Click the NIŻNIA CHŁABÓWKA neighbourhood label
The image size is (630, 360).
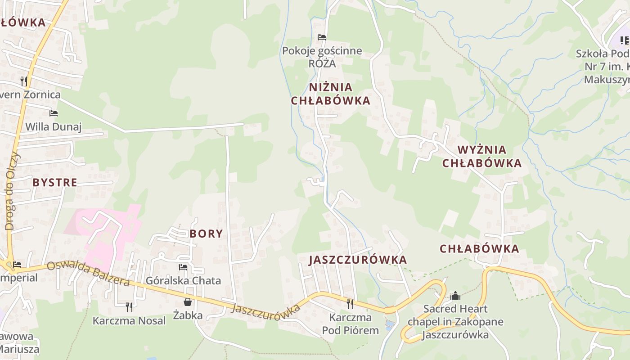pyautogui.click(x=330, y=94)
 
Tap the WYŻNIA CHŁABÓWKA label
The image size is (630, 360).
pyautogui.click(x=481, y=156)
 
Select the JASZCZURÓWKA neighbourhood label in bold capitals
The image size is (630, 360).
pyautogui.click(x=358, y=260)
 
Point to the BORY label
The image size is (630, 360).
pyautogui.click(x=206, y=234)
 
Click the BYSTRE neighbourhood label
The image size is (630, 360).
pyautogui.click(x=55, y=182)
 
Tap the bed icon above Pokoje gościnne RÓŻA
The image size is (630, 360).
pyautogui.click(x=322, y=37)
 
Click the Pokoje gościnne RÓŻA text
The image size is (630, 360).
pyautogui.click(x=322, y=57)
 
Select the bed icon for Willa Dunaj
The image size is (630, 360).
pyautogui.click(x=54, y=113)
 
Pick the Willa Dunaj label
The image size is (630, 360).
pyautogui.click(x=53, y=127)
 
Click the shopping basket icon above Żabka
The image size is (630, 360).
pyautogui.click(x=188, y=302)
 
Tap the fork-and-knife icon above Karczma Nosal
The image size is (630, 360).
pyautogui.click(x=129, y=307)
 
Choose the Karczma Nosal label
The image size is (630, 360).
pyautogui.click(x=129, y=321)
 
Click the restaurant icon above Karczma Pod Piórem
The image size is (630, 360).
pyautogui.click(x=350, y=304)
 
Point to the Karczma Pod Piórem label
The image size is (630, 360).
pyautogui.click(x=351, y=324)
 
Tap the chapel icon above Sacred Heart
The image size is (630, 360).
pyautogui.click(x=455, y=296)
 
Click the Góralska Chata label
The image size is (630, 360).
pyautogui.click(x=183, y=281)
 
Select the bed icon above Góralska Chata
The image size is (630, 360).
pyautogui.click(x=183, y=267)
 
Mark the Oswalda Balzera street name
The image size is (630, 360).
pyautogui.click(x=88, y=273)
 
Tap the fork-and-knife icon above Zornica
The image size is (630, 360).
pyautogui.click(x=24, y=81)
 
